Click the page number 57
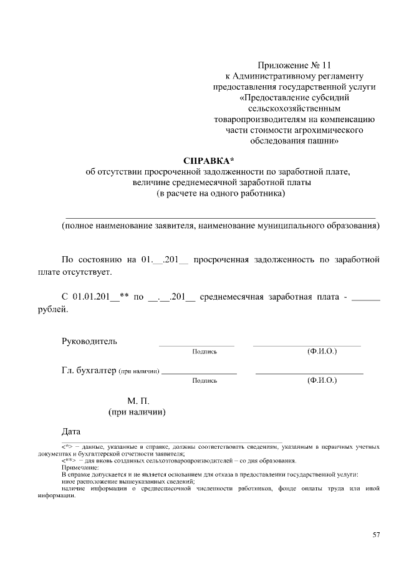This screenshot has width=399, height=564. [376, 535]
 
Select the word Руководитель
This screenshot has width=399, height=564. [89, 341]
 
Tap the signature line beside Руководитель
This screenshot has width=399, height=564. [196, 345]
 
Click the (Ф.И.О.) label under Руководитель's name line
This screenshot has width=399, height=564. [322, 351]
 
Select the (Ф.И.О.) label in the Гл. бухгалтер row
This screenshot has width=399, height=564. [322, 380]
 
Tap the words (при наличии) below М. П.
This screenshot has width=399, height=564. [137, 412]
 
